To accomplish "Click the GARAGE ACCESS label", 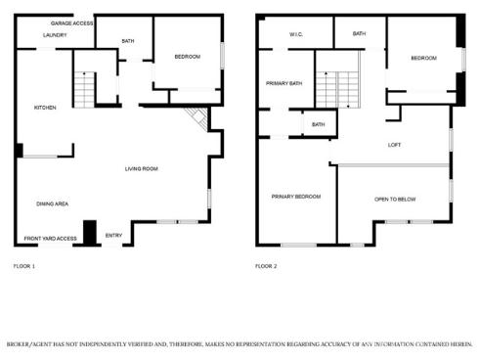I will [x=72, y=22].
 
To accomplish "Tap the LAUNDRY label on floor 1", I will [x=55, y=35].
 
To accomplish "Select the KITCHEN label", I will [x=45, y=108].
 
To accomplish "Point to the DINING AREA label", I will [x=52, y=203].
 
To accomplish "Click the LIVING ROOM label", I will [x=141, y=169].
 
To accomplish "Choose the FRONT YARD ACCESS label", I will [x=51, y=239].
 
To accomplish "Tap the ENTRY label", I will [x=113, y=235].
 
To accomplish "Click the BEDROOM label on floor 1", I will [x=187, y=57].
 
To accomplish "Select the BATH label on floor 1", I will [x=128, y=41].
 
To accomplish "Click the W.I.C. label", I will [x=296, y=35].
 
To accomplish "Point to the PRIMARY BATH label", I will [x=284, y=83].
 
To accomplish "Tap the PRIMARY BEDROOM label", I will [x=296, y=197].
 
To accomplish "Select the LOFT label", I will [x=395, y=145].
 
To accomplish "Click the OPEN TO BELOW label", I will [x=395, y=200].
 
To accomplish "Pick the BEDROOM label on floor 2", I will [x=423, y=59].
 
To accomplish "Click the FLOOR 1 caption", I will [x=24, y=266].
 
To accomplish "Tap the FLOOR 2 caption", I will [x=267, y=266].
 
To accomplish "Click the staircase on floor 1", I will [x=86, y=90].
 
